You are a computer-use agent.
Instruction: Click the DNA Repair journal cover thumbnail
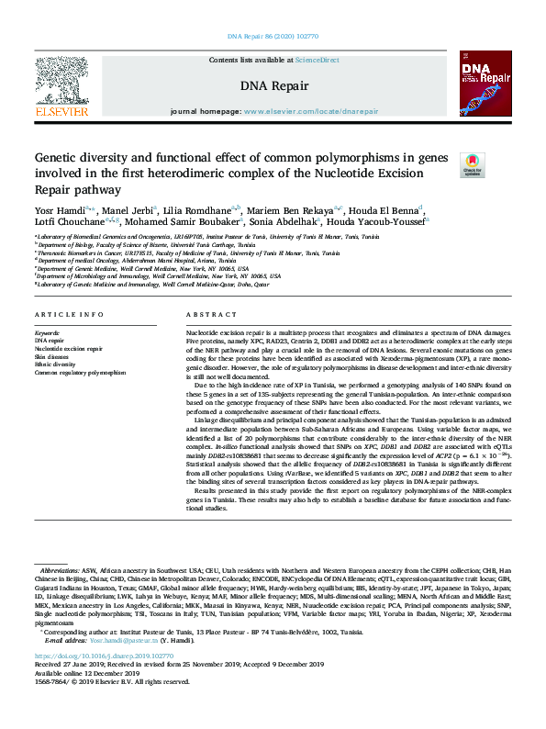pyautogui.click(x=484, y=81)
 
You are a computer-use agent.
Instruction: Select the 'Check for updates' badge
pyautogui.click(x=472, y=165)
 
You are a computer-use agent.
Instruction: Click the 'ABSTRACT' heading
pyautogui.click(x=205, y=315)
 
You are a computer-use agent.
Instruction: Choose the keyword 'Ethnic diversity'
pyautogui.click(x=55, y=364)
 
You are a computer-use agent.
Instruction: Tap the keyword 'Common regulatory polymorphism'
pyautogui.click(x=80, y=373)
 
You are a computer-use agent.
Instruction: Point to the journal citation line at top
pyautogui.click(x=273, y=37)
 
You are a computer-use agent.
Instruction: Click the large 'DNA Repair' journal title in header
pyautogui.click(x=273, y=86)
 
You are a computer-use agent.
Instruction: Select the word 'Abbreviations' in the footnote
pyautogui.click(x=61, y=570)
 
